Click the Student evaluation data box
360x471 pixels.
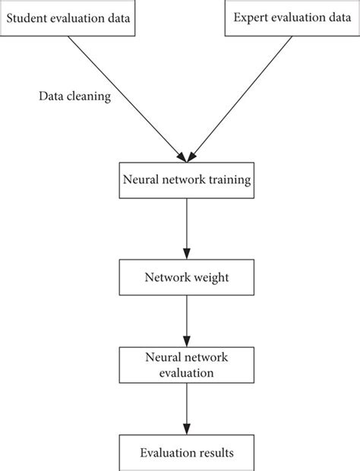(68, 17)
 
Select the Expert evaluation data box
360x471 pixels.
(291, 17)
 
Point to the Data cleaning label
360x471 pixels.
(75, 97)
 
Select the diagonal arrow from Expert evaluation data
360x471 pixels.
(242, 95)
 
